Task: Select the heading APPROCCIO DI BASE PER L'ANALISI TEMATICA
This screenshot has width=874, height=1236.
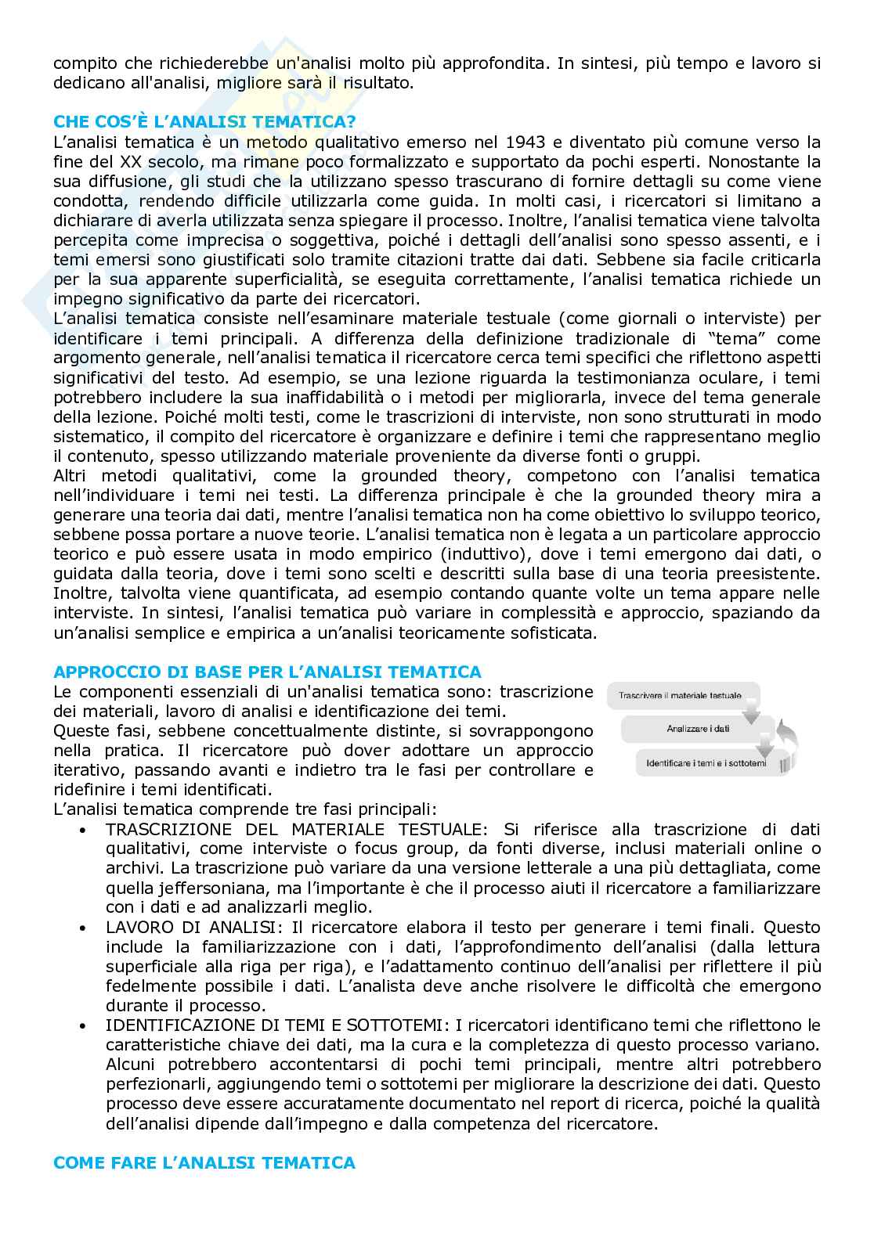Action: [266, 672]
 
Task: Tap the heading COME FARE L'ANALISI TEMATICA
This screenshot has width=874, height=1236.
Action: [204, 1163]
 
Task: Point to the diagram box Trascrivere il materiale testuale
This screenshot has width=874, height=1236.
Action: [679, 695]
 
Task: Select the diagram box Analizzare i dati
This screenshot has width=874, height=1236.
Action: [698, 729]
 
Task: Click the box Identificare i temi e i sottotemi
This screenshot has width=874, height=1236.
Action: [706, 762]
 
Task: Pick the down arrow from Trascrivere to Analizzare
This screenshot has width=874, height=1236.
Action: [750, 713]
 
